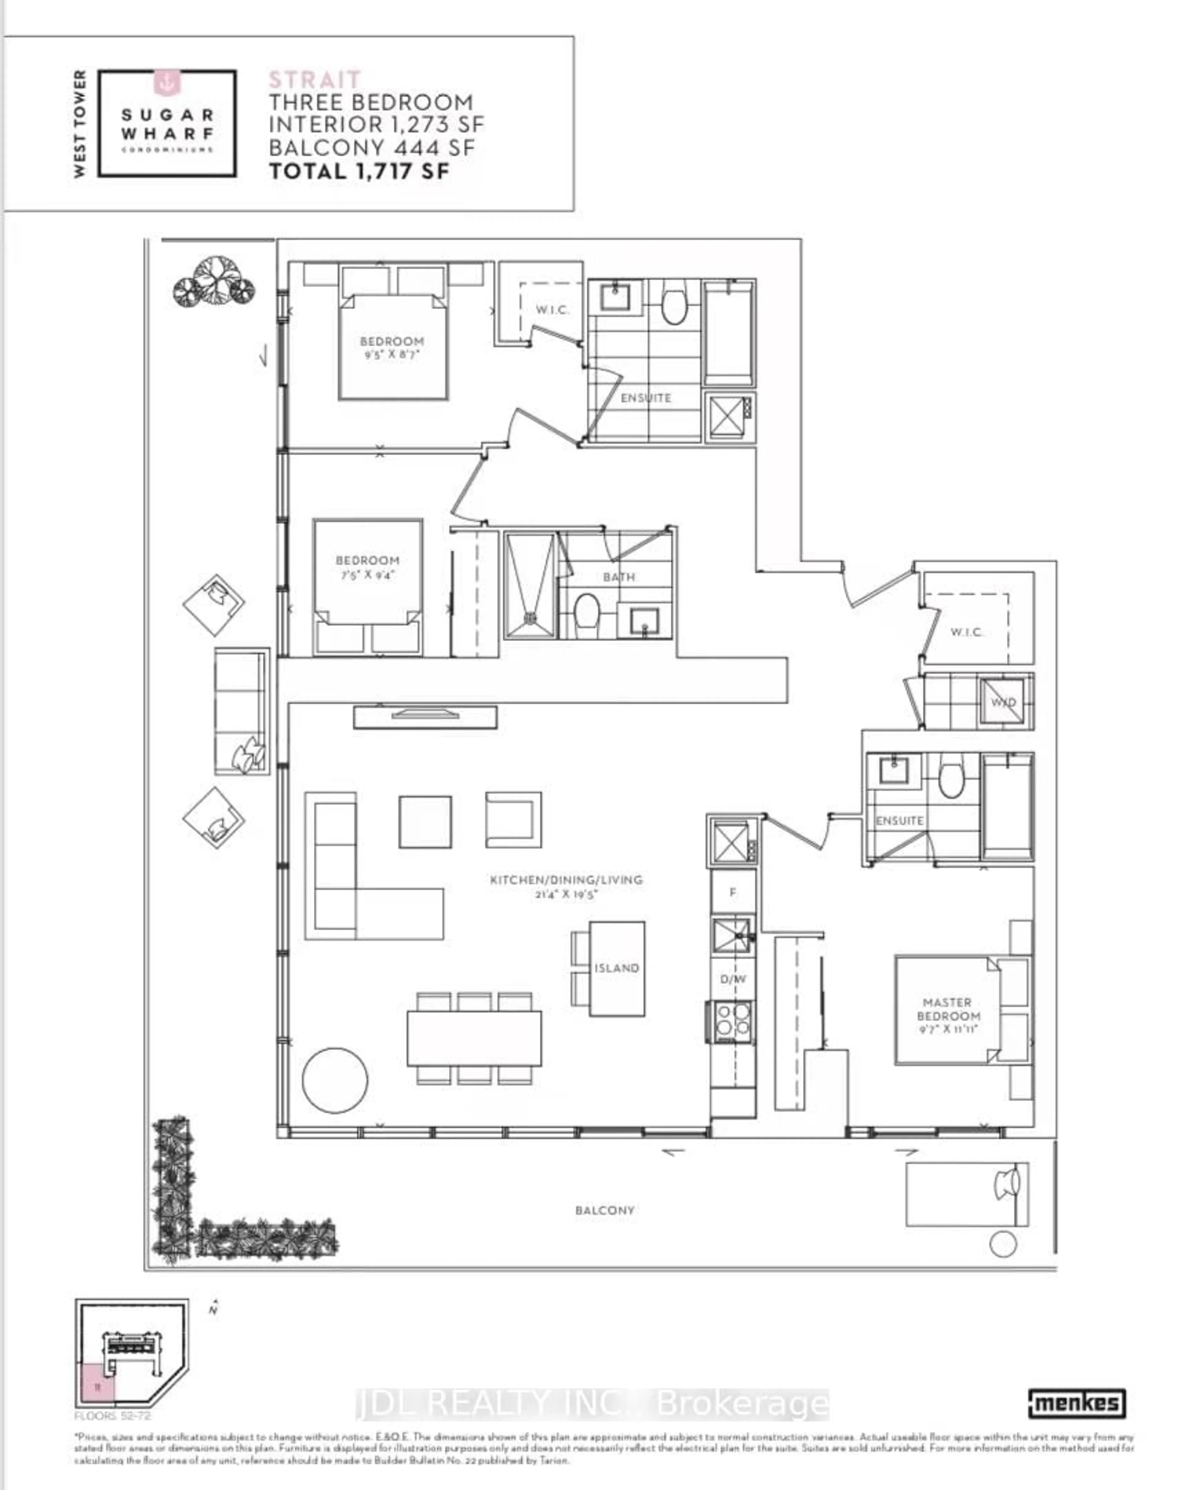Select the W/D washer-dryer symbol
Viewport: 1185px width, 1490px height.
(1003, 702)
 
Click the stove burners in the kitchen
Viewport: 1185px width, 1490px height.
(732, 1020)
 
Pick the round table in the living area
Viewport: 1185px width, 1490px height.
(335, 1080)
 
